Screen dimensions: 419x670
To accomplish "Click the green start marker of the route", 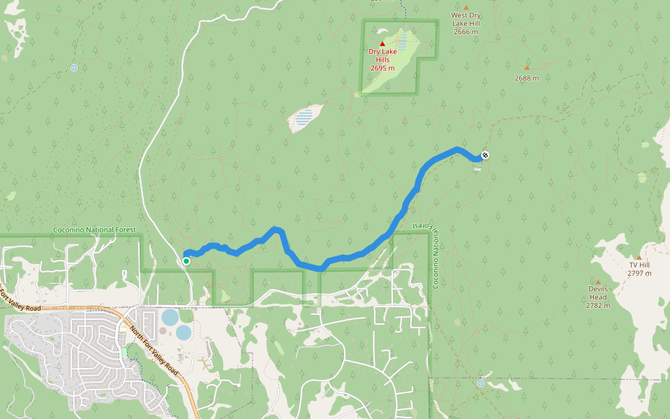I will (x=186, y=261).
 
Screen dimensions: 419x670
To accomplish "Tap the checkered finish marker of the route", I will (x=485, y=155).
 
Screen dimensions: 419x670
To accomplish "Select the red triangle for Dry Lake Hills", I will (x=382, y=43).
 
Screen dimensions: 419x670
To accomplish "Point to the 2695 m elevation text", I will (x=382, y=68).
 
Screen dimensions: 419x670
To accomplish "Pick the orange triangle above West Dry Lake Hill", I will (x=466, y=7).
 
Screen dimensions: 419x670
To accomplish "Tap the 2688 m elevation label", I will (x=527, y=78).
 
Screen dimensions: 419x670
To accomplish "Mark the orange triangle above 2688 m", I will (x=527, y=68).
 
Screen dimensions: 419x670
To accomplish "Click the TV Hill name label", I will (x=639, y=265).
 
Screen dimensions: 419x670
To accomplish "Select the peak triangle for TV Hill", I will (x=639, y=257).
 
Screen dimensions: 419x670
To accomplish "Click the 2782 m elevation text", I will (x=597, y=306).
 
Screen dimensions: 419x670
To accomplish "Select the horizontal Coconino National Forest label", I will (x=94, y=230).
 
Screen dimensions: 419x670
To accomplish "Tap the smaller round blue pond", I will (x=183, y=332).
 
